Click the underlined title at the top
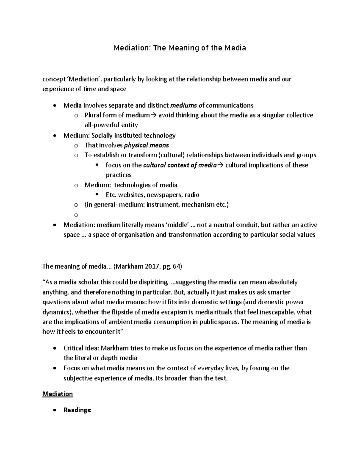[180, 48]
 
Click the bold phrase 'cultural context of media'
[180, 165]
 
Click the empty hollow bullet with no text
[76, 215]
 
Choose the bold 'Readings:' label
[77, 410]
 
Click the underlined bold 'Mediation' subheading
[58, 394]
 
